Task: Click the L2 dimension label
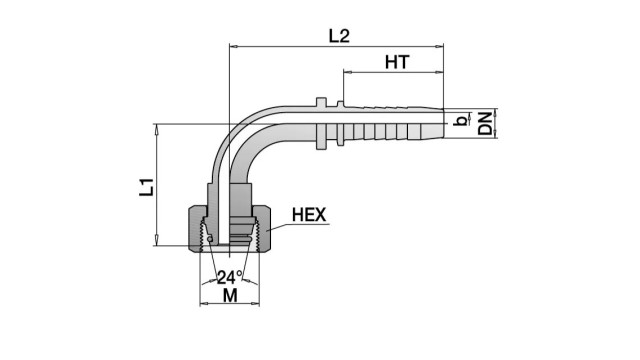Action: click(339, 36)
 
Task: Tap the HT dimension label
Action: click(397, 62)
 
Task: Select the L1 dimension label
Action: click(147, 187)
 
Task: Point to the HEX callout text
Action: click(309, 215)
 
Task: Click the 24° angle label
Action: click(229, 278)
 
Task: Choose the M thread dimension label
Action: click(230, 295)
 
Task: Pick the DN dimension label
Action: click(485, 124)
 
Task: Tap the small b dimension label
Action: click(460, 121)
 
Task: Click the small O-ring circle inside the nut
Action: click(210, 238)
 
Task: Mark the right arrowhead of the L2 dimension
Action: click(439, 47)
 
